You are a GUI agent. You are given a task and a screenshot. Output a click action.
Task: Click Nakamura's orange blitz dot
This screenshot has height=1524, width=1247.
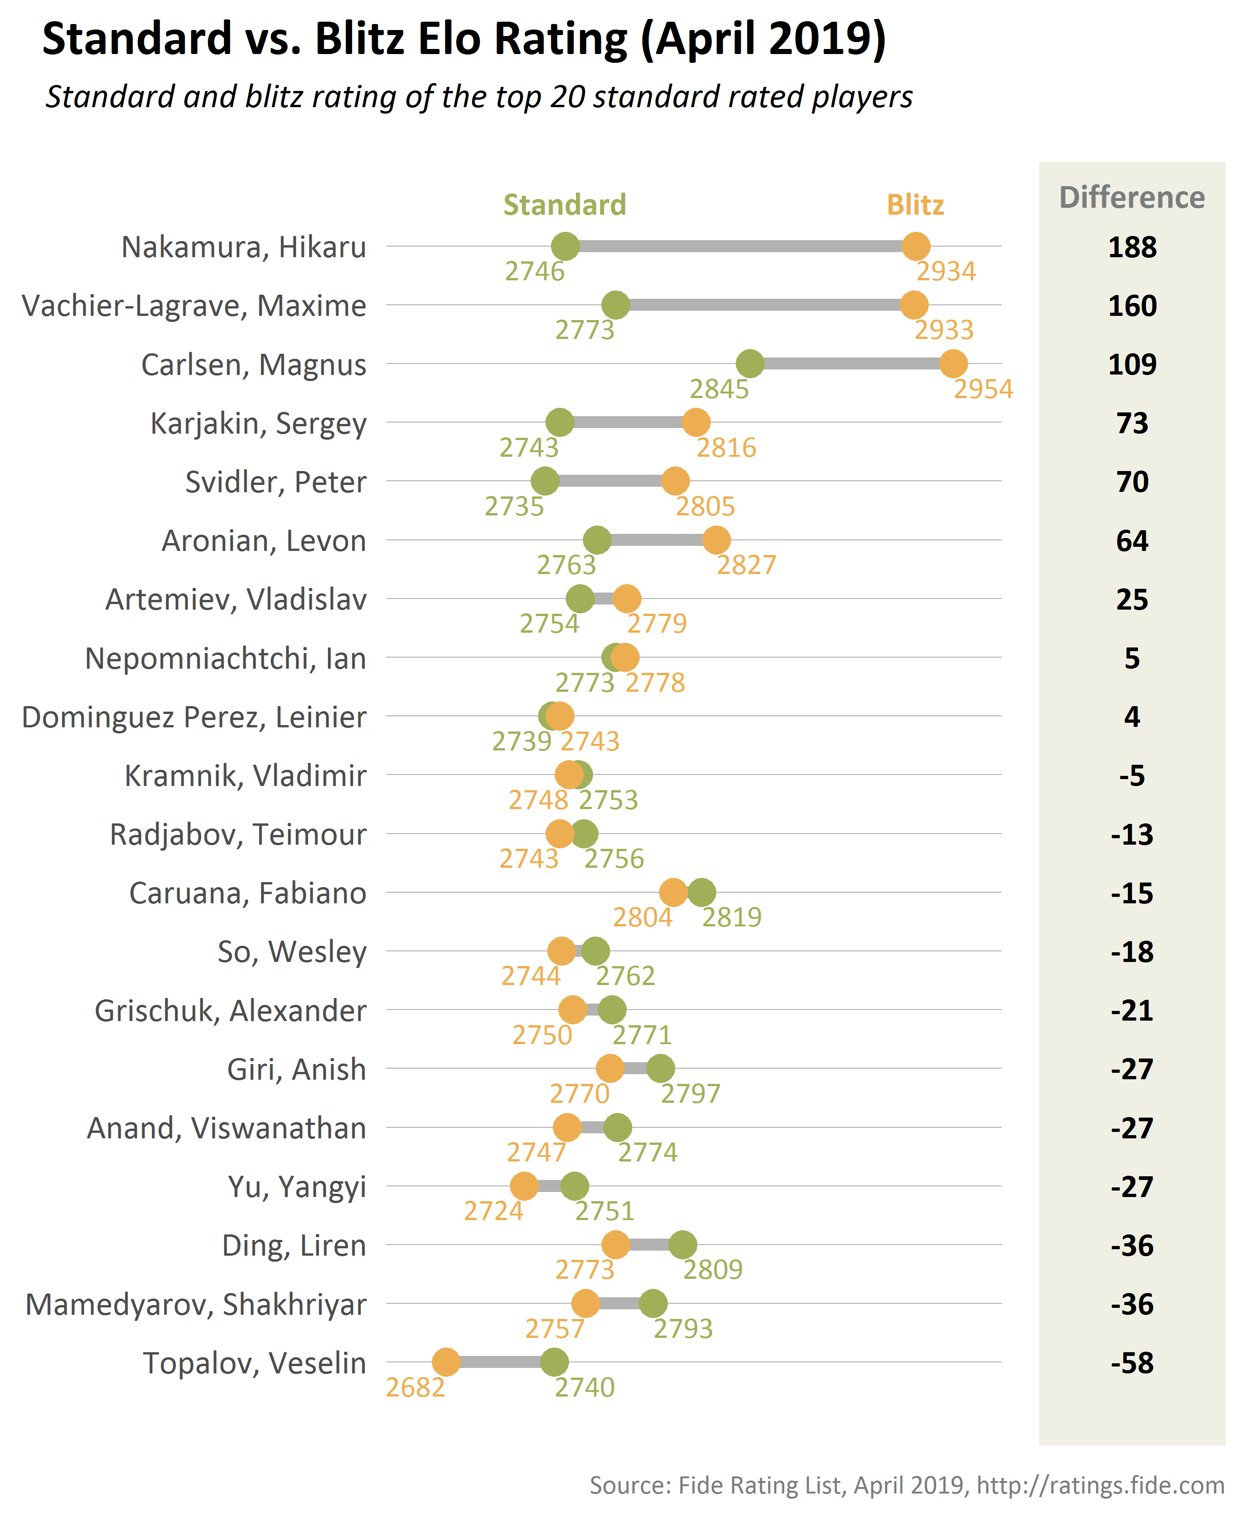[x=916, y=246]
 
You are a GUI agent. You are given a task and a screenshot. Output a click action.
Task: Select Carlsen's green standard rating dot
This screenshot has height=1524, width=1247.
[x=750, y=363]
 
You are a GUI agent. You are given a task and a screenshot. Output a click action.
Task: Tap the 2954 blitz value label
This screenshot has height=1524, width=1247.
[x=983, y=389]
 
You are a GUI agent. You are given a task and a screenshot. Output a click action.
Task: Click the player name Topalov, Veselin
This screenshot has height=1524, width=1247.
[x=254, y=1362]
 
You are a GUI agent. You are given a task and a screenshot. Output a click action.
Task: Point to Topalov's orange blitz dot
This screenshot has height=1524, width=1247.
[x=446, y=1362]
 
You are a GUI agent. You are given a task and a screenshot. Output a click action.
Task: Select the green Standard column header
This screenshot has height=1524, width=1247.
[x=564, y=206]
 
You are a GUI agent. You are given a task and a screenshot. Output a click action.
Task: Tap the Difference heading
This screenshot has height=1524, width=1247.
[x=1132, y=198]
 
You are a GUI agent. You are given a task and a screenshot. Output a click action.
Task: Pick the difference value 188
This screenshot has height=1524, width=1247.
[x=1132, y=247]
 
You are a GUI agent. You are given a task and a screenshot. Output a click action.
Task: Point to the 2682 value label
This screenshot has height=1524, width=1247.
[x=415, y=1388]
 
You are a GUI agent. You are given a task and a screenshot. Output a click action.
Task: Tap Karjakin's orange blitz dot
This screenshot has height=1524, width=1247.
[x=696, y=422]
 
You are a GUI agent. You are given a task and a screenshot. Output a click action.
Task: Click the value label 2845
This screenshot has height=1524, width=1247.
[x=719, y=389]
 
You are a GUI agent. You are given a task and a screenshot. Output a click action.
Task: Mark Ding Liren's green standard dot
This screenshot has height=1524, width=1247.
[x=683, y=1245]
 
